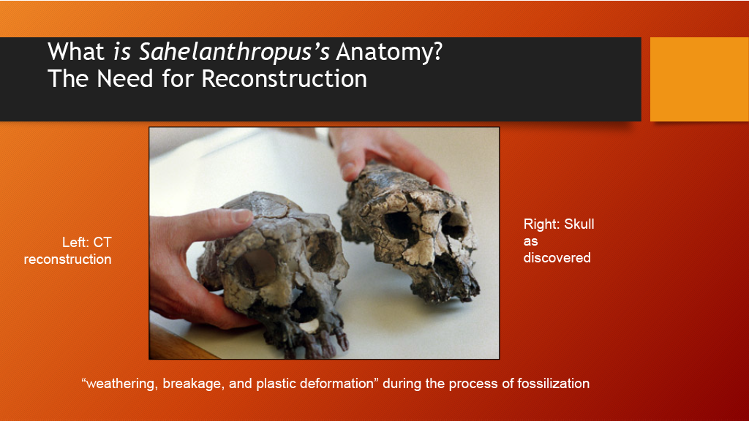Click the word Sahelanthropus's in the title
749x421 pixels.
pyautogui.click(x=234, y=52)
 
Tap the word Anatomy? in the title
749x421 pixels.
pyautogui.click(x=389, y=52)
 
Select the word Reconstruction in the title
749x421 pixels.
pyautogui.click(x=285, y=78)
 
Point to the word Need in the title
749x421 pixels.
pyautogui.click(x=126, y=78)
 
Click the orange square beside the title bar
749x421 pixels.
pyautogui.click(x=699, y=79)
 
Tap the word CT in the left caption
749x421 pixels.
pyautogui.click(x=102, y=242)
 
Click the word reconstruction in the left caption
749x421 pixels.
pyautogui.click(x=67, y=259)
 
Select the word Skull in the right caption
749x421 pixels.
pyautogui.click(x=579, y=224)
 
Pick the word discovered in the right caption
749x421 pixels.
pyautogui.click(x=557, y=258)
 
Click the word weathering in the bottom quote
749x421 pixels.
pyautogui.click(x=120, y=384)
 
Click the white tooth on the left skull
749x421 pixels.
pyautogui.click(x=309, y=326)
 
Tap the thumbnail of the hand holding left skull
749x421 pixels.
pyautogui.click(x=242, y=216)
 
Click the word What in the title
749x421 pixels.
pyautogui.click(x=76, y=52)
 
